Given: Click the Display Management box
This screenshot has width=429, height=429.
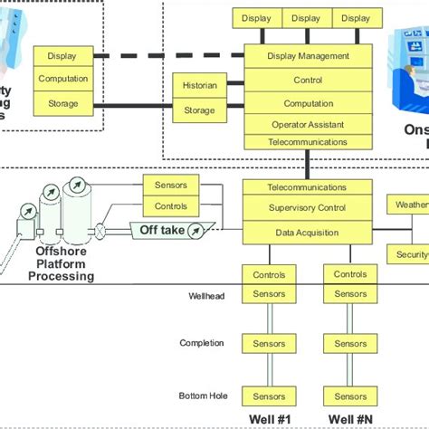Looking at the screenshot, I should [308, 56].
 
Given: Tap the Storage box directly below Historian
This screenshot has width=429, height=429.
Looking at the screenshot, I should [200, 110].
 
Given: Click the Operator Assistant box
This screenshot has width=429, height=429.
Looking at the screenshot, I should [308, 125].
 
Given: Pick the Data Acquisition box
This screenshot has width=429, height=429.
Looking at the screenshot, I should [307, 233].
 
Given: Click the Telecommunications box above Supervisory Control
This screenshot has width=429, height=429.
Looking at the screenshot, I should [307, 187].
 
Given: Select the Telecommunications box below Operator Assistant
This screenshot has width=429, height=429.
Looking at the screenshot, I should [308, 142].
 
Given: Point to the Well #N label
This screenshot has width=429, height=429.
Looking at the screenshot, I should [349, 418].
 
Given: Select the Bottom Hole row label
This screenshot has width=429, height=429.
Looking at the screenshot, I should [204, 396].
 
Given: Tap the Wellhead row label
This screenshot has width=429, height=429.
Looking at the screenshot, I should [207, 295].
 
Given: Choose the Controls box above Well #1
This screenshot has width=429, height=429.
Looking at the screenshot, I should [269, 274].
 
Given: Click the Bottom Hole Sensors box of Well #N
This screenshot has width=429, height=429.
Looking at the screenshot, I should [349, 396].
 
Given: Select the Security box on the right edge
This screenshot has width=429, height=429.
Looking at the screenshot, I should [409, 254].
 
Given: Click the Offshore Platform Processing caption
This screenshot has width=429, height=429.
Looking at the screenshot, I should [64, 263].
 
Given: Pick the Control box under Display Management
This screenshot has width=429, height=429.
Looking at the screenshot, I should [308, 80].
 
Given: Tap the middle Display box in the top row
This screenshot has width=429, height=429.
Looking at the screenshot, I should [306, 18].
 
